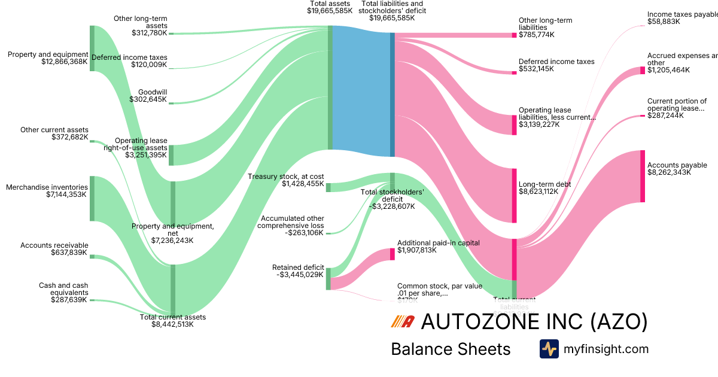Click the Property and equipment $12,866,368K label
pos(48,58)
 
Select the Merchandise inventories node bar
pos(92,198)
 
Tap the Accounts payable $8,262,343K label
pos(677,169)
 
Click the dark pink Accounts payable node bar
pos(643,177)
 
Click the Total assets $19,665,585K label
pos(330,7)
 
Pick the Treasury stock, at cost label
pos(286,177)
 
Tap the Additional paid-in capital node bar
pos(393,254)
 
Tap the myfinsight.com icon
pos(549,349)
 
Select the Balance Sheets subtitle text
pos(451,349)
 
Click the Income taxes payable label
pos(682,14)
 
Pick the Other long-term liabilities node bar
pos(514,35)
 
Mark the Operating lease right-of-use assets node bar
pos(171,155)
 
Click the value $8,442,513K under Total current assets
pos(172,324)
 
